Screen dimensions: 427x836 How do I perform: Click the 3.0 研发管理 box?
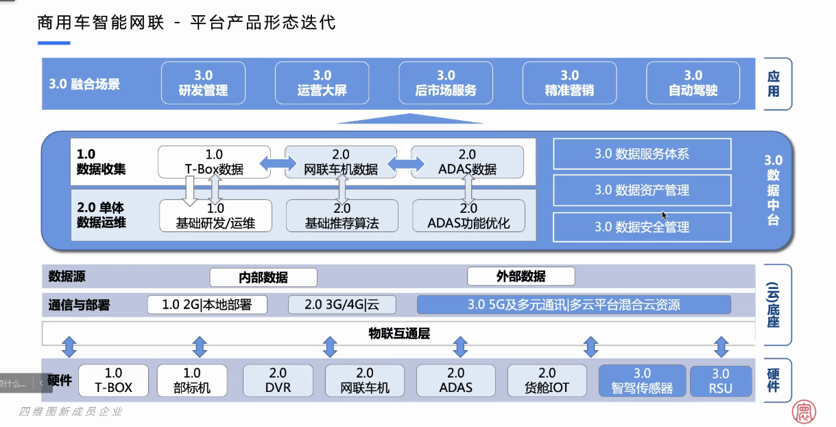(203, 83)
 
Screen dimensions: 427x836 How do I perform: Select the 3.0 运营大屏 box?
(322, 83)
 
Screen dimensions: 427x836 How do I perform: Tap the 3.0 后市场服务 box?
(446, 83)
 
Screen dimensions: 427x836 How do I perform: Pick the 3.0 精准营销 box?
(569, 83)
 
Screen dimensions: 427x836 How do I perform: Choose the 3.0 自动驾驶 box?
(693, 83)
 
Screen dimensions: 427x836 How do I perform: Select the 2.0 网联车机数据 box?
(341, 162)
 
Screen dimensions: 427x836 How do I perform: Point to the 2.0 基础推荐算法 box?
(342, 216)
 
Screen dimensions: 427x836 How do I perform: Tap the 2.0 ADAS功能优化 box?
(468, 216)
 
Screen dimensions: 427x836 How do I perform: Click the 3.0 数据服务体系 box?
(642, 154)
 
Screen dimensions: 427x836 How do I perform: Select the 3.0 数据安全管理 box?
(642, 227)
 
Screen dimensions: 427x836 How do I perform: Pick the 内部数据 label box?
(263, 277)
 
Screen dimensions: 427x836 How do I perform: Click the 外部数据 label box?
(521, 277)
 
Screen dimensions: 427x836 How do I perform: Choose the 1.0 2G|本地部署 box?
(207, 305)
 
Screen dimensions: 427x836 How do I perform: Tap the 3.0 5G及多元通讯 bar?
(574, 305)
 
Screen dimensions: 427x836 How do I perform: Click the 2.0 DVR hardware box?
(278, 380)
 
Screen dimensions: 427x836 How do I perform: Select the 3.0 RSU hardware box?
(720, 381)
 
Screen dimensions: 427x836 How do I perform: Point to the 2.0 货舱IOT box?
(547, 380)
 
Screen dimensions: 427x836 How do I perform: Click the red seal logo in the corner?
(804, 411)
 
